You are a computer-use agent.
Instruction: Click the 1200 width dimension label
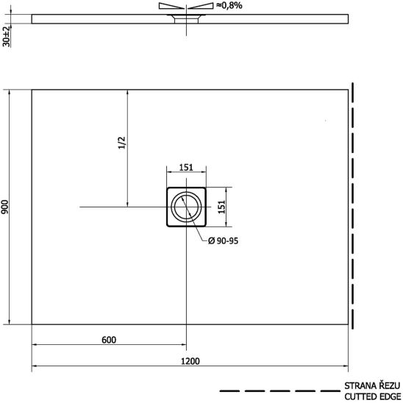[190, 361]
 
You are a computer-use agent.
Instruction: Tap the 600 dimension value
[109, 340]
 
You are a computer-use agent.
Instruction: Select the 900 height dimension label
[5, 207]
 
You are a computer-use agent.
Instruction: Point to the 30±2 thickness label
[6, 37]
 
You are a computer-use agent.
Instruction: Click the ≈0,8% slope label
[229, 5]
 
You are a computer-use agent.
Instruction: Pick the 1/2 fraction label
[121, 143]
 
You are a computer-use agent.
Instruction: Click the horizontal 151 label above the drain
[186, 168]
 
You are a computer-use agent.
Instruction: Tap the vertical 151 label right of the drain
[221, 207]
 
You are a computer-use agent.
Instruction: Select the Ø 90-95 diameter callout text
[223, 240]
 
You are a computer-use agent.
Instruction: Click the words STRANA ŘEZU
[372, 385]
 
